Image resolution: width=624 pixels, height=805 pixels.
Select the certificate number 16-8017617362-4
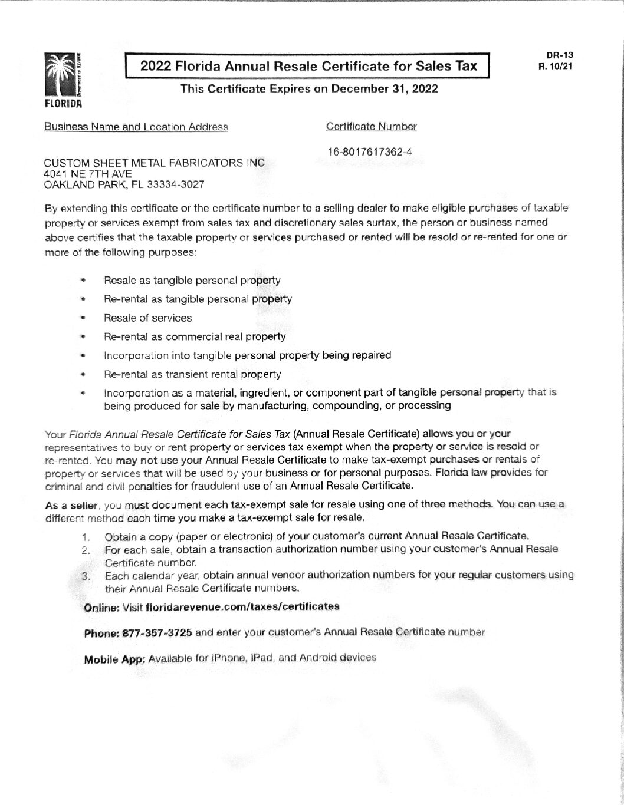[369, 152]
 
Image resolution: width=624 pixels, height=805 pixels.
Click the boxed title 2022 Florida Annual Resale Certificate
[308, 66]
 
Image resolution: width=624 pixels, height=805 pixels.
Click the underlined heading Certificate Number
[371, 127]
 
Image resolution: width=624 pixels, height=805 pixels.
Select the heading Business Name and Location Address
[136, 127]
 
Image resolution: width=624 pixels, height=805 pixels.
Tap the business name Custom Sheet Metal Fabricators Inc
[155, 163]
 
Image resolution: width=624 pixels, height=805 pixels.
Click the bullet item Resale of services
[147, 318]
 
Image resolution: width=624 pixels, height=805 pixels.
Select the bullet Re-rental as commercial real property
[195, 337]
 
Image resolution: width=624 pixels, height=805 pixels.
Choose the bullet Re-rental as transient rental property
[192, 374]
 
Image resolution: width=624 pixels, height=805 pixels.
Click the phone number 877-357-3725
[157, 633]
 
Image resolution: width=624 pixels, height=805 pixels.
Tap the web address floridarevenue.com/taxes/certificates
[242, 606]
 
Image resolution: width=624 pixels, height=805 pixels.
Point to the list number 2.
[86, 550]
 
